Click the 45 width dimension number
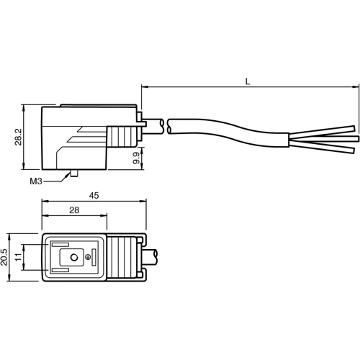pyautogui.click(x=94, y=195)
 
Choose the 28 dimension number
pyautogui.click(x=75, y=210)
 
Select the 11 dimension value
pyautogui.click(x=19, y=257)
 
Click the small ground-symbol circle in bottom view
pyautogui.click(x=89, y=257)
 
